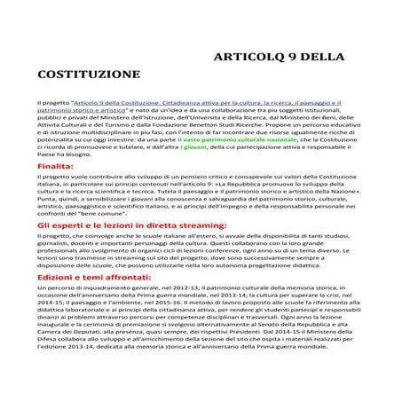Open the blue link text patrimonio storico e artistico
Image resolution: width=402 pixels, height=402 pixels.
[x=83, y=111]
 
